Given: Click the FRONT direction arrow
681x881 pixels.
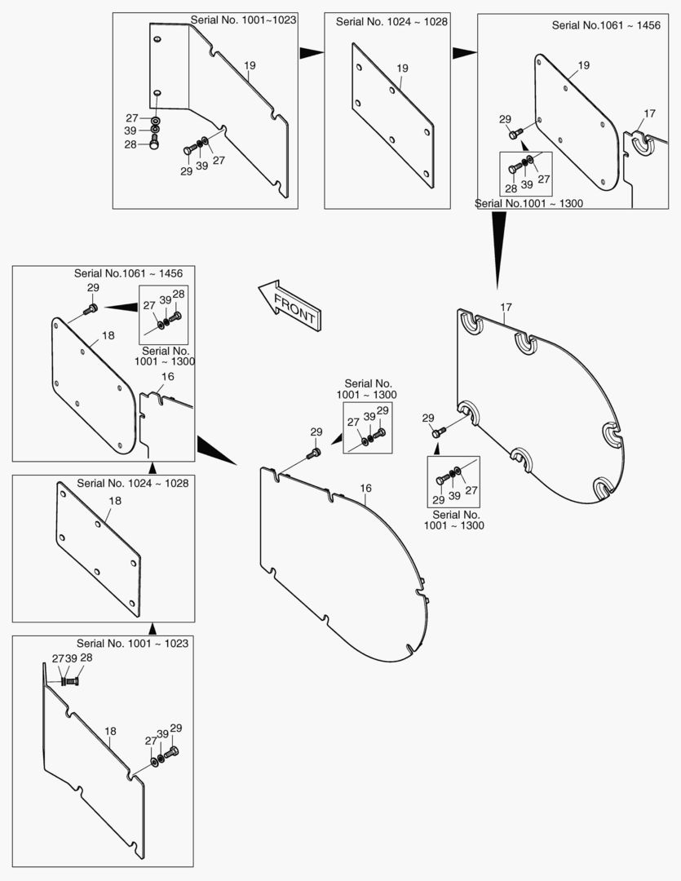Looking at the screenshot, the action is point(289,305).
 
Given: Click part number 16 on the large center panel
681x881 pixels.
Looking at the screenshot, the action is point(366,489).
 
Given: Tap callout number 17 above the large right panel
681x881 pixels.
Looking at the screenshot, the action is point(506,307).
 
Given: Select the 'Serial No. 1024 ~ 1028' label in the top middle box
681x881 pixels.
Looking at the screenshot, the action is point(391,22).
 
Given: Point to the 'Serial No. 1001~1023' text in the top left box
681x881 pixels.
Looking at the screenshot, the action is point(243,20).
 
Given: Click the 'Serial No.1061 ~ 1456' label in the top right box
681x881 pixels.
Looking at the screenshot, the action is point(606,25).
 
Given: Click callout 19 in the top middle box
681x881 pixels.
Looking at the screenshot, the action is point(402,69).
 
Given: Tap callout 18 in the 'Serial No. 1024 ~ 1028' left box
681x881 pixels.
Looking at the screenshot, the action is point(115,500).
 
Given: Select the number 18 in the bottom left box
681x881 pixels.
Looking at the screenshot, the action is point(110,731).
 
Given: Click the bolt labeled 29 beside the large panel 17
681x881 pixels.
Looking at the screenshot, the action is point(439,432).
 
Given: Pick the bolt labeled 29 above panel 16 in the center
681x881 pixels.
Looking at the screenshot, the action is point(314,453).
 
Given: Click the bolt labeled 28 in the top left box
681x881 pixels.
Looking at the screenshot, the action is point(154,142).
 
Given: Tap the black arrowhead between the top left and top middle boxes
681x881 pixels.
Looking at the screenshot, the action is point(312,53).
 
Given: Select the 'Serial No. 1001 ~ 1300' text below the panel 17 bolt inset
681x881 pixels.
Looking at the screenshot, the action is point(454,520).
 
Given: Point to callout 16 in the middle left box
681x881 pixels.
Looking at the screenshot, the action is point(167,376).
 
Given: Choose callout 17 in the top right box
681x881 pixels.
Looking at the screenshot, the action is point(649,113).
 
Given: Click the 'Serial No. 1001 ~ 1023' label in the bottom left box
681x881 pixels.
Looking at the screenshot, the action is point(133,644).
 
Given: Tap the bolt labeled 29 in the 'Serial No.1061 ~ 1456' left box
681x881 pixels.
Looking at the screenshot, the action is point(90,308).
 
